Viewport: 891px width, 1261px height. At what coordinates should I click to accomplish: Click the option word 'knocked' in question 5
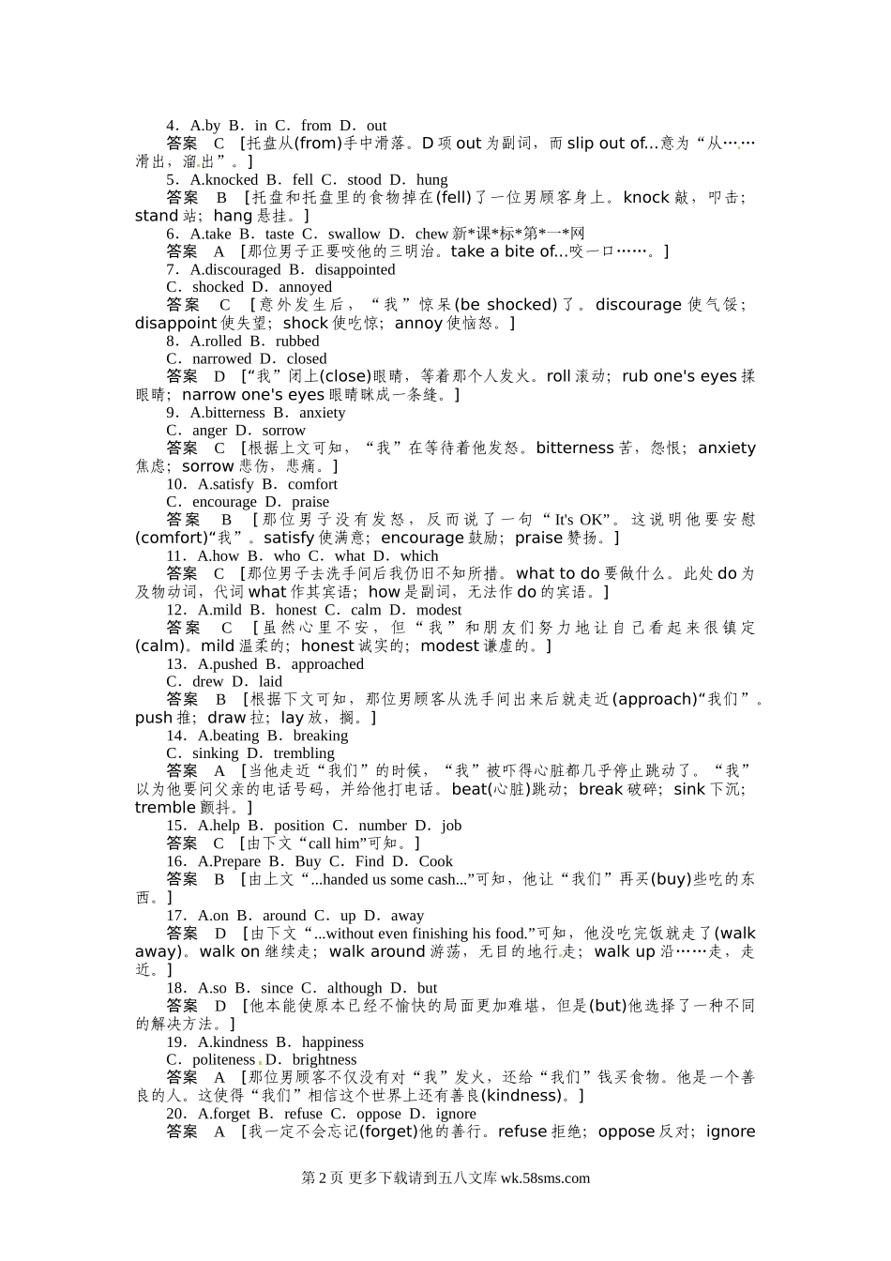coord(231,179)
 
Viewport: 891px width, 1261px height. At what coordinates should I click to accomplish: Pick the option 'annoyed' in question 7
coord(305,287)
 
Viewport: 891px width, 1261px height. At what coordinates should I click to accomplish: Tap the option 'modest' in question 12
coord(439,610)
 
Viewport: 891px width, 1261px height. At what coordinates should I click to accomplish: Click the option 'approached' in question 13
coord(327,664)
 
